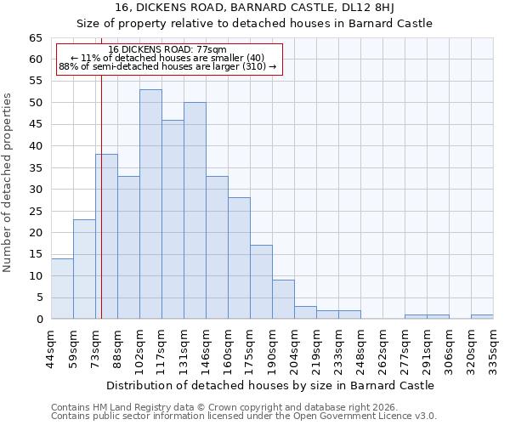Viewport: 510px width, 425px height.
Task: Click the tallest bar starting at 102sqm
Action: [x=150, y=204]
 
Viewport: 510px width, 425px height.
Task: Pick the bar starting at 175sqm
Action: [x=261, y=282]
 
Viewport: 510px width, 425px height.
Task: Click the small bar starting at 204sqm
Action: [x=305, y=312]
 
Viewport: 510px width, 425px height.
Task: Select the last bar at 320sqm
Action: [x=482, y=316]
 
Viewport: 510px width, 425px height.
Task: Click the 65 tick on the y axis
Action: [x=35, y=38]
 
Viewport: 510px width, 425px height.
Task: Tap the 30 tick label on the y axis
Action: [x=35, y=190]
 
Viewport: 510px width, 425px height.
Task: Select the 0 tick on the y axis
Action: [x=38, y=320]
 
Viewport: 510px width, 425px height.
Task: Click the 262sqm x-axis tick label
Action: [x=382, y=347]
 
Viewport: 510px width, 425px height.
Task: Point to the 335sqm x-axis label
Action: [x=493, y=347]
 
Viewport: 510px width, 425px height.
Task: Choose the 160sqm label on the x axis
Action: [x=228, y=347]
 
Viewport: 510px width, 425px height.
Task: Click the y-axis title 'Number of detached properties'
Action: [x=8, y=183]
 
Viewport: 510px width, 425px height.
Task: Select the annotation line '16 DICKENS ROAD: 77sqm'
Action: [x=167, y=50]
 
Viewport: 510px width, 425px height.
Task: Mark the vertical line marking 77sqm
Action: [x=101, y=212]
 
